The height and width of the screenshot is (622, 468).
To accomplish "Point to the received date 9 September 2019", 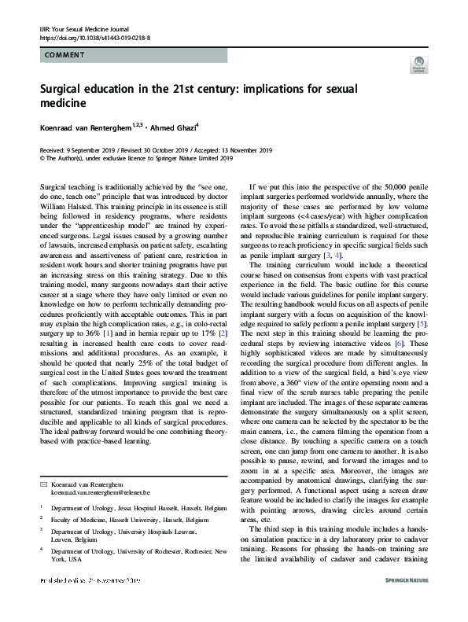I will pyautogui.click(x=79, y=149).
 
